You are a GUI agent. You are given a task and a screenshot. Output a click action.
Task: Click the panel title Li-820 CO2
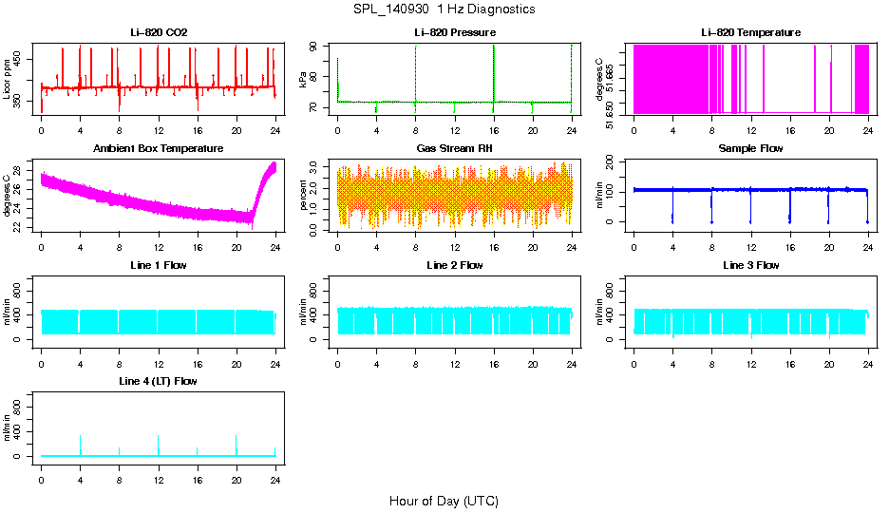[x=159, y=32]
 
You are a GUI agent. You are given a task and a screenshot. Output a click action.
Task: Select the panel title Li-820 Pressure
[x=455, y=32]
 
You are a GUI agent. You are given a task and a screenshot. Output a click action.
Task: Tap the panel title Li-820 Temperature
[x=750, y=32]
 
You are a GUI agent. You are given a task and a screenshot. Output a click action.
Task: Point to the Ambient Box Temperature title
[x=159, y=148]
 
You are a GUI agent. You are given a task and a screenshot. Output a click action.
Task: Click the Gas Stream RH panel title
[x=455, y=148]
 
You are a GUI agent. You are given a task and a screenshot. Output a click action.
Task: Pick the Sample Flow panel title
[x=750, y=148]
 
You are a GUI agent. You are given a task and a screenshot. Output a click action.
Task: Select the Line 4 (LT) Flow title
[x=159, y=381]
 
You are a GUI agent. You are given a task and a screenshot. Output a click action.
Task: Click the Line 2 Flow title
[x=455, y=265]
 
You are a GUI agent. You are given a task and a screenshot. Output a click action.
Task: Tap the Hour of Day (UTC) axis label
[x=444, y=501]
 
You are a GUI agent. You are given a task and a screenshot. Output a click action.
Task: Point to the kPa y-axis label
[x=303, y=80]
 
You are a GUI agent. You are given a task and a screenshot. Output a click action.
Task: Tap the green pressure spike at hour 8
[x=416, y=71]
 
